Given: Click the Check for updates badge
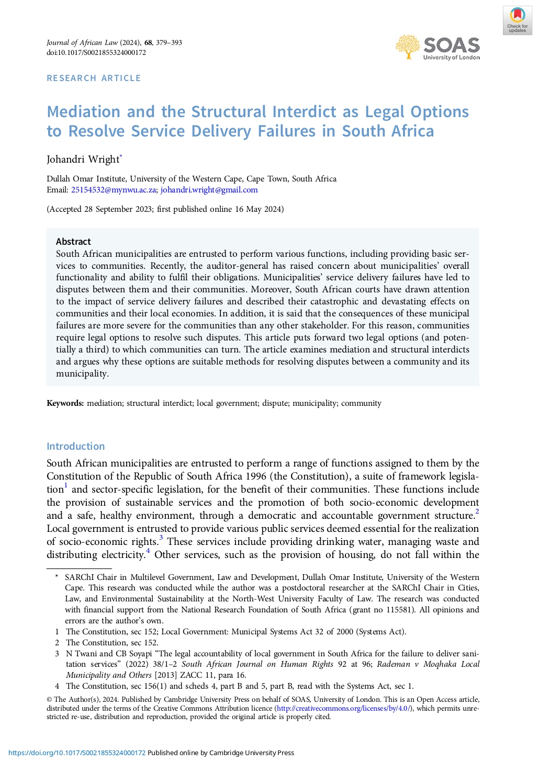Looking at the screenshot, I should click(x=517, y=20).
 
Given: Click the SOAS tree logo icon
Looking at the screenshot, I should click(x=407, y=47).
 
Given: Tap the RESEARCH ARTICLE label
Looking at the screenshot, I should click(x=94, y=78).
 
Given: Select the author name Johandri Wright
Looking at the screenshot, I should click(x=83, y=159).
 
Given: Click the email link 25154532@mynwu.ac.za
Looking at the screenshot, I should click(x=114, y=190).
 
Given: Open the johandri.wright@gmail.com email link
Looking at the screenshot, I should click(x=209, y=190).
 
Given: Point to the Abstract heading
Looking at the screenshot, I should click(x=73, y=242).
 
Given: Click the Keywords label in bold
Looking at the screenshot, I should click(x=65, y=403).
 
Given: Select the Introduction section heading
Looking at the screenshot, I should click(x=76, y=446).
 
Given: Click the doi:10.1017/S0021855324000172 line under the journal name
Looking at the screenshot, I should click(x=96, y=52).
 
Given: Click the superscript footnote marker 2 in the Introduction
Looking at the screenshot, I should click(x=477, y=512).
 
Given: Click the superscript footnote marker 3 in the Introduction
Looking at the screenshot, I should click(x=161, y=538).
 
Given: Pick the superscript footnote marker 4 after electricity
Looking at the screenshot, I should click(x=148, y=551).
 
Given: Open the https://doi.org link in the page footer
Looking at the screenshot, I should click(x=77, y=753).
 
